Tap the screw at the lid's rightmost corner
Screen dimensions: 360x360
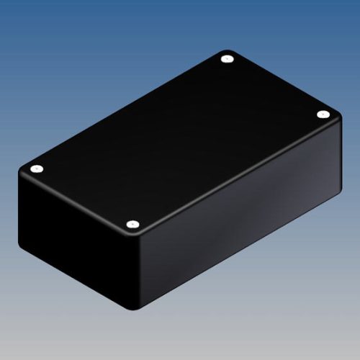[x=322, y=114]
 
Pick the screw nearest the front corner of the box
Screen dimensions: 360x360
[x=132, y=225]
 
